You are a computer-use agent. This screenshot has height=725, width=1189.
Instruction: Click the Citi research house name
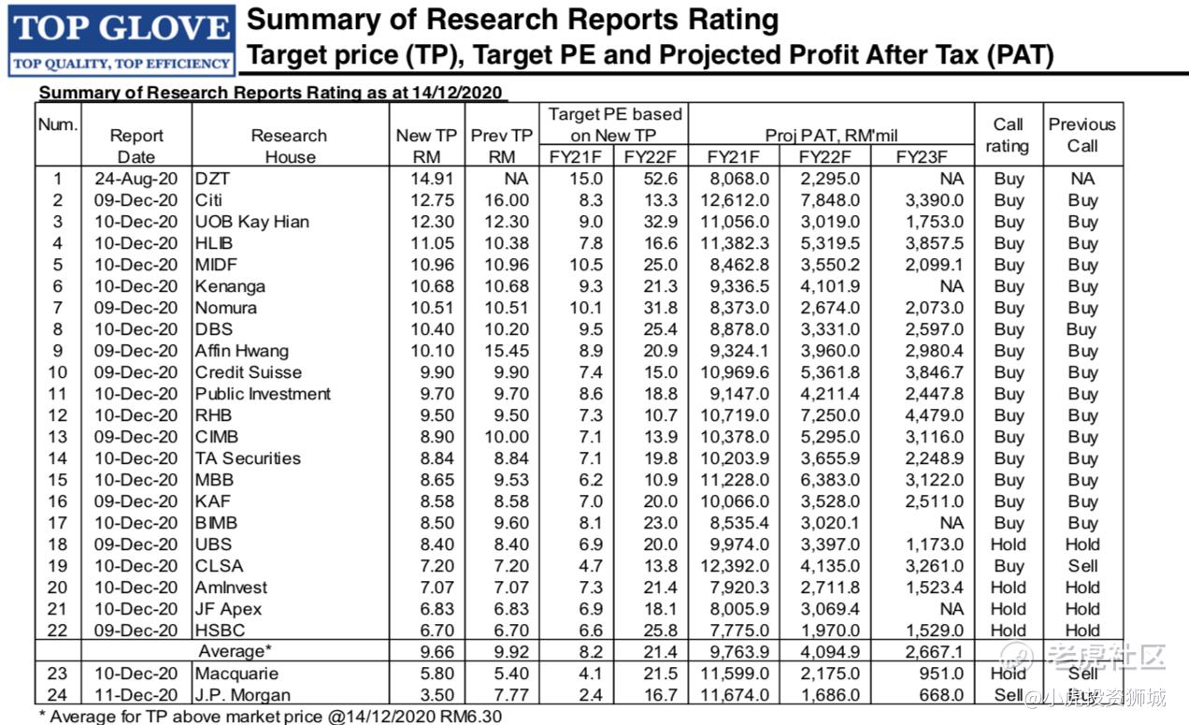click(x=210, y=200)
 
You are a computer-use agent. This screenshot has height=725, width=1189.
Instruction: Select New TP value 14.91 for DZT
click(x=426, y=179)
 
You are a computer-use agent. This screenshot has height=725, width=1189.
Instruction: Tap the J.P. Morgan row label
click(x=243, y=695)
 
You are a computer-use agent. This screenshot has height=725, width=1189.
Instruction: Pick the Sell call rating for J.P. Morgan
click(x=1009, y=695)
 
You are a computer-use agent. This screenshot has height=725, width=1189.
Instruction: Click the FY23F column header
click(x=920, y=156)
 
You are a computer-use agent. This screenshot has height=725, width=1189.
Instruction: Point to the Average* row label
click(x=238, y=652)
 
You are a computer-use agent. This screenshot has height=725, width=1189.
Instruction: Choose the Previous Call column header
click(x=1082, y=135)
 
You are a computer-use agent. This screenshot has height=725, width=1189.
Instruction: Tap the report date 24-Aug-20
click(x=136, y=179)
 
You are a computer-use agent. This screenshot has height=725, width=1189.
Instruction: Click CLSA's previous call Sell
click(x=1082, y=566)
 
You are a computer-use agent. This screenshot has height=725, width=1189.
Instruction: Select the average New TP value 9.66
click(x=426, y=652)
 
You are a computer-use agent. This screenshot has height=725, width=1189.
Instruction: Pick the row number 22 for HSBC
click(x=58, y=631)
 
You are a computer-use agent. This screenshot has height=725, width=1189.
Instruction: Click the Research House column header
click(x=289, y=146)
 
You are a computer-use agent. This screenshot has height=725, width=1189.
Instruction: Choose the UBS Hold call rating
click(x=1009, y=544)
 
